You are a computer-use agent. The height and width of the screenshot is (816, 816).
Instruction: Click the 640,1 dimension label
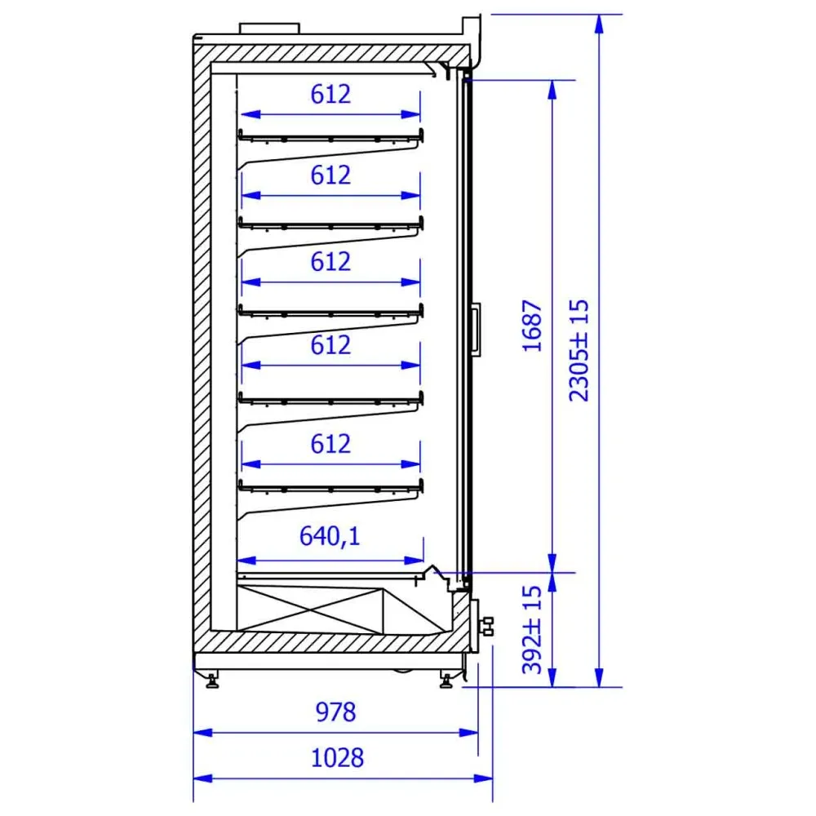[330, 537]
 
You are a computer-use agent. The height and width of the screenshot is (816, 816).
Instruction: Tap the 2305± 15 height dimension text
[579, 349]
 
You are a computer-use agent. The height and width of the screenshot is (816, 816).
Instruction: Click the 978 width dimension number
[335, 712]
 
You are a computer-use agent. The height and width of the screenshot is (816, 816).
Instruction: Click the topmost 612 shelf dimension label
[330, 94]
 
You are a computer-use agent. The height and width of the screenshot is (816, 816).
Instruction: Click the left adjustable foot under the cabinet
[213, 680]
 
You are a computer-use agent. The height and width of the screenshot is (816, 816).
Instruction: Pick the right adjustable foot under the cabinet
[446, 680]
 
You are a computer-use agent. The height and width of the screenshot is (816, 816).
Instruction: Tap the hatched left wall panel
[201, 343]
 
